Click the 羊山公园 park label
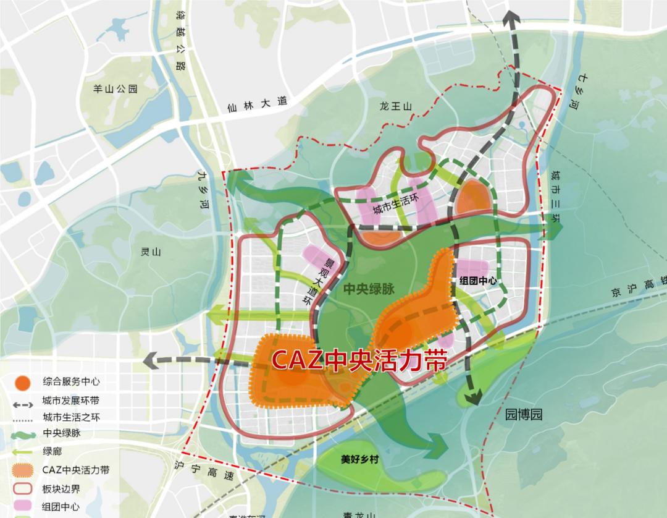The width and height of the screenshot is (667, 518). click(115, 89)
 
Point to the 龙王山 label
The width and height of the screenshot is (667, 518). click(396, 107)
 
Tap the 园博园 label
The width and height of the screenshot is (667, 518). click(523, 414)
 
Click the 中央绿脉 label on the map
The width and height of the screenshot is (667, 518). click(369, 288)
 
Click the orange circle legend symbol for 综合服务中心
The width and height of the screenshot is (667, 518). click(22, 382)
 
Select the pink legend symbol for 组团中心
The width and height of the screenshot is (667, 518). click(22, 506)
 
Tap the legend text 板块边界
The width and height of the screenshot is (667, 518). click(61, 489)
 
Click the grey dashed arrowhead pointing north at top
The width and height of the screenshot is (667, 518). click(511, 19)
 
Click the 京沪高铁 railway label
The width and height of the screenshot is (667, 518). click(642, 281)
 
